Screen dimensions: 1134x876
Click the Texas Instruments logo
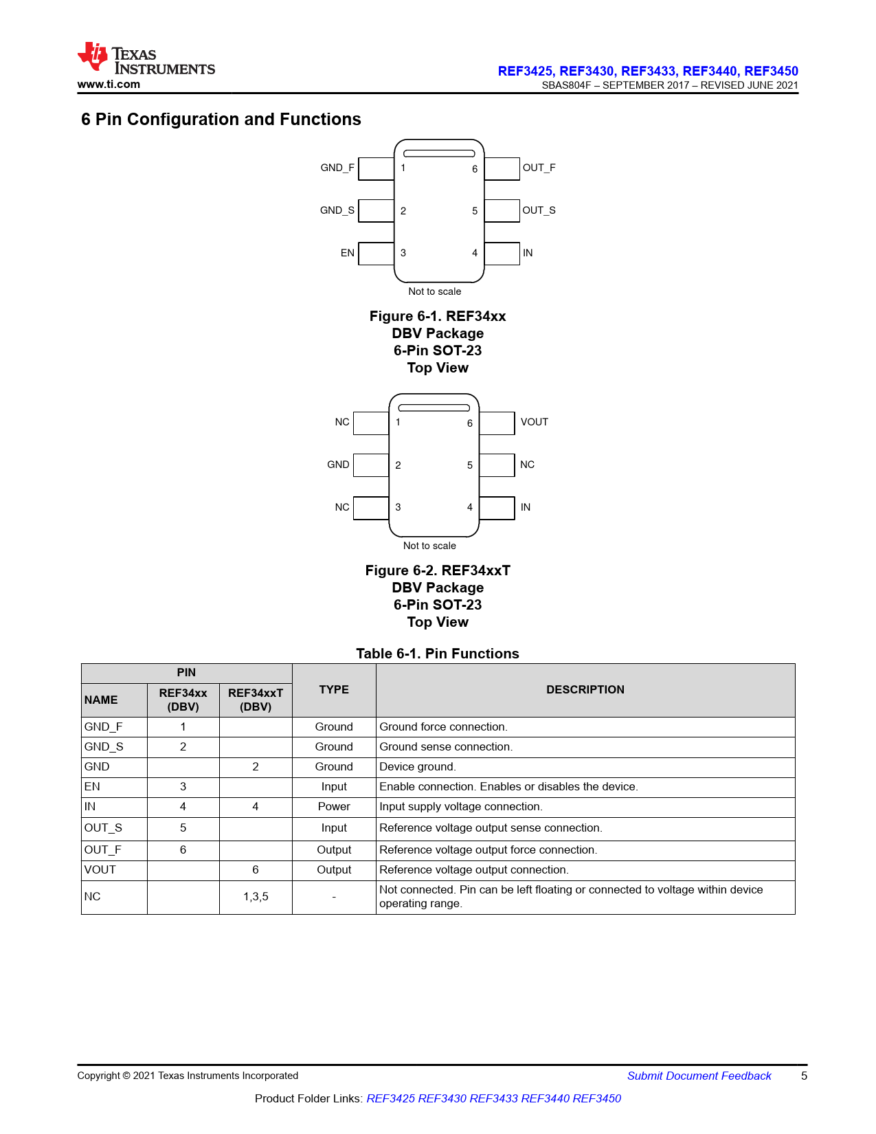(146, 59)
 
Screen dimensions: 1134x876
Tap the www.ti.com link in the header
(109, 85)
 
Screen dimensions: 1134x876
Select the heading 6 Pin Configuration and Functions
(221, 120)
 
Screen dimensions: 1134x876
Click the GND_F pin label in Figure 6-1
(337, 168)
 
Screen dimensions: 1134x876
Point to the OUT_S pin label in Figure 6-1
(539, 210)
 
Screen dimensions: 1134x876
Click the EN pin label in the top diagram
(348, 253)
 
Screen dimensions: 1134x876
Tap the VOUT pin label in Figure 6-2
(534, 422)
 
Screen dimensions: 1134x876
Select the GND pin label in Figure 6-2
(338, 465)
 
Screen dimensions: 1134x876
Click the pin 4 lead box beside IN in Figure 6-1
(502, 254)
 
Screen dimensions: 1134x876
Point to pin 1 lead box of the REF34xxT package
(371, 423)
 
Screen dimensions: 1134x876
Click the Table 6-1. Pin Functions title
(437, 654)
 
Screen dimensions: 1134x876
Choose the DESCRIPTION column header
(585, 689)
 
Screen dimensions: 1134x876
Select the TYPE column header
(334, 689)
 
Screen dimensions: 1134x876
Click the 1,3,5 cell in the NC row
(256, 897)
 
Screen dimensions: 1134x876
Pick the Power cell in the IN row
(334, 807)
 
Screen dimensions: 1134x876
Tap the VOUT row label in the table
(100, 870)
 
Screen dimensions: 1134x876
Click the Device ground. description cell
(418, 767)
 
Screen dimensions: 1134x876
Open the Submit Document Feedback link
(699, 1076)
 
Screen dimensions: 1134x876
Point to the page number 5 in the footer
(804, 1076)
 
